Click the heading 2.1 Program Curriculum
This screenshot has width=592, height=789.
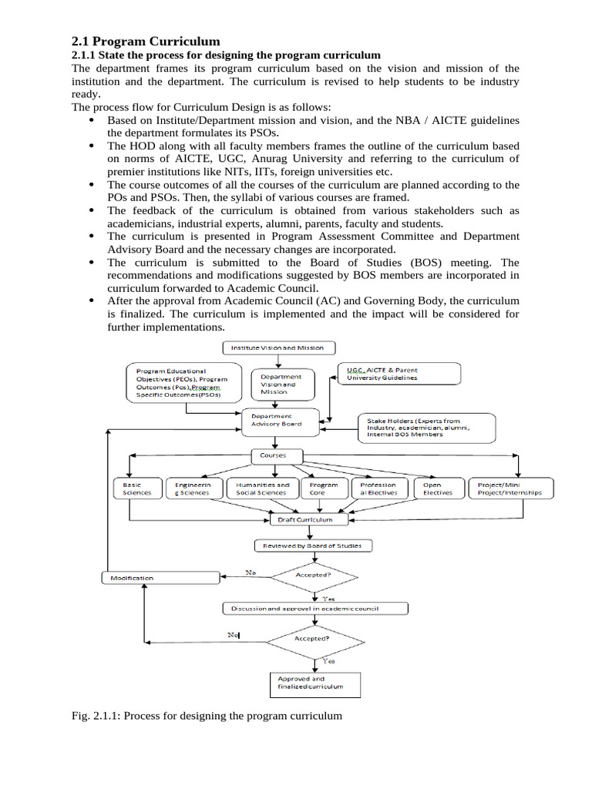click(x=146, y=41)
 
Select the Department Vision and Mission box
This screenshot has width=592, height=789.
click(x=281, y=384)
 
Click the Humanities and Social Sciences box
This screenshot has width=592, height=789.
click(x=263, y=489)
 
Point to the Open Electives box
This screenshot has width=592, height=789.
click(x=438, y=489)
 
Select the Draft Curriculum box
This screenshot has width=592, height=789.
click(x=305, y=519)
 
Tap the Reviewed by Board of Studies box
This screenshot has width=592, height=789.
click(x=312, y=546)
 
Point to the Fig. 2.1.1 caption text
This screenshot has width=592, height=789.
click(x=206, y=716)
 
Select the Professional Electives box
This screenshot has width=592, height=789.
click(x=378, y=489)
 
